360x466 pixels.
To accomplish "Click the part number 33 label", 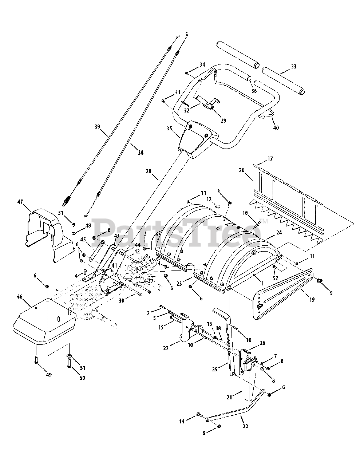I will pyautogui.click(x=293, y=67).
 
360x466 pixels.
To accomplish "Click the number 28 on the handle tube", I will pyautogui.click(x=148, y=171).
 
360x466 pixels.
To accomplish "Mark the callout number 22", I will pyautogui.click(x=245, y=426).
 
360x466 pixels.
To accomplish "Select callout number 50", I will pyautogui.click(x=82, y=378).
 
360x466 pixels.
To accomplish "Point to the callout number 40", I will pyautogui.click(x=276, y=128).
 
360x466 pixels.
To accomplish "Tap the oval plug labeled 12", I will pyautogui.click(x=215, y=207).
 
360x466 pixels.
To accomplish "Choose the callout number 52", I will pyautogui.click(x=276, y=278).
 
